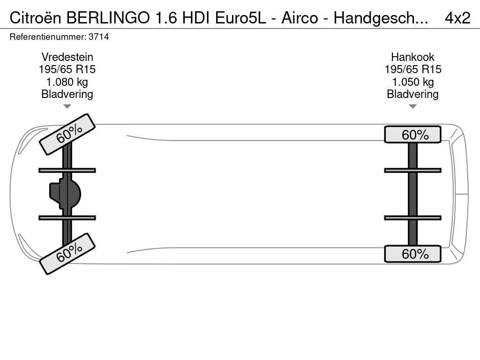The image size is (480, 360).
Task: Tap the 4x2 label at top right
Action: [457, 18]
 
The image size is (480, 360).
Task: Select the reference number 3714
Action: [98, 37]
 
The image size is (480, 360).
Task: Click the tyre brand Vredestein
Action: [67, 57]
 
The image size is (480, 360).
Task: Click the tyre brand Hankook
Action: [412, 57]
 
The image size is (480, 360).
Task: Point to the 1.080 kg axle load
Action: [67, 82]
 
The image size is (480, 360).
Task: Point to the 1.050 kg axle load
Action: [413, 82]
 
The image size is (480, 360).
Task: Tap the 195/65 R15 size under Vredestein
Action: [67, 69]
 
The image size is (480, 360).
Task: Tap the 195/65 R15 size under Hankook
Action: [413, 69]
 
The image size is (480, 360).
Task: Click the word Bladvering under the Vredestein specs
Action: [67, 94]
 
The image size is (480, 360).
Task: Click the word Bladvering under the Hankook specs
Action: [412, 94]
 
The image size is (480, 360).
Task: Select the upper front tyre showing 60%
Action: [67, 135]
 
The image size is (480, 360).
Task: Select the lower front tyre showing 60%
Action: [67, 254]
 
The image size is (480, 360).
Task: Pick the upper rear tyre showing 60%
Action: [412, 135]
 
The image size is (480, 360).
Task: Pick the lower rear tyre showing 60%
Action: [412, 254]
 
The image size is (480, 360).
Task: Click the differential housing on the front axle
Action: [65, 194]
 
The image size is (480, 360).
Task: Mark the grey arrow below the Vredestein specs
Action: [67, 106]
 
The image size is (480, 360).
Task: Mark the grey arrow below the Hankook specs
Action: [412, 106]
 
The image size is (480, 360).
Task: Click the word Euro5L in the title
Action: [240, 18]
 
